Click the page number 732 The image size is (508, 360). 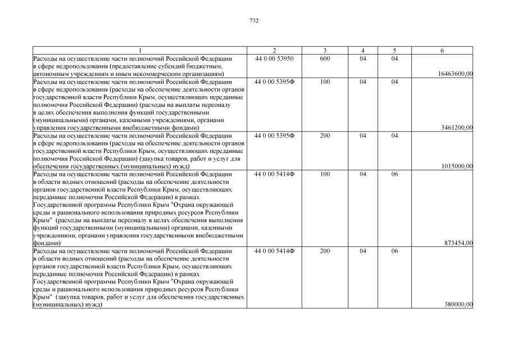[254, 21]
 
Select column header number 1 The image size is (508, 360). [140, 51]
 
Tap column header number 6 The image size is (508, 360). [442, 51]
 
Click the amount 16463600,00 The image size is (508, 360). [454, 74]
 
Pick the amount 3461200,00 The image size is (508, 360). [457, 128]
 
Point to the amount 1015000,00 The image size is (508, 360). [457, 166]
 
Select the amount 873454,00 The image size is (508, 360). [458, 243]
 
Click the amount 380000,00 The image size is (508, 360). [458, 304]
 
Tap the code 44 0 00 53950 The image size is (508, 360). [274, 58]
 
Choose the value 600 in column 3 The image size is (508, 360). [325, 58]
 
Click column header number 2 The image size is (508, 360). [274, 51]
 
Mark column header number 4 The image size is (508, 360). [363, 51]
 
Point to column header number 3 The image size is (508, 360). [325, 51]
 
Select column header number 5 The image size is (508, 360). [394, 51]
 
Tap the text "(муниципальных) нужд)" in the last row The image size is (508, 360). [67, 304]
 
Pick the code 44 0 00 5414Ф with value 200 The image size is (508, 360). [274, 251]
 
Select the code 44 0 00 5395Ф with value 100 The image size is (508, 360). [274, 82]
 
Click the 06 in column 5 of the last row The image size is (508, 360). [394, 251]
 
